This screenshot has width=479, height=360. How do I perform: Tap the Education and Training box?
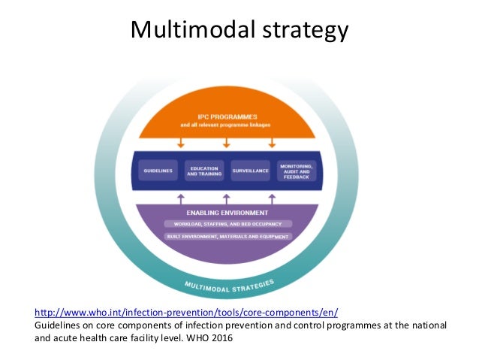[x=203, y=171]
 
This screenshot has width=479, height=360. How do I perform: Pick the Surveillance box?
[x=250, y=171]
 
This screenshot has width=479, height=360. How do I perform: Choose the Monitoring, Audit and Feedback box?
[x=298, y=171]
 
